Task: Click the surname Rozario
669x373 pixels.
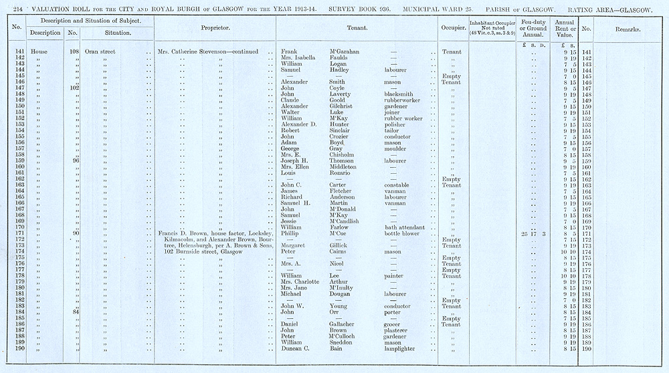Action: click(343, 173)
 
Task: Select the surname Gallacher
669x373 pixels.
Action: click(345, 324)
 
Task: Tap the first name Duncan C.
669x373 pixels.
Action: click(298, 348)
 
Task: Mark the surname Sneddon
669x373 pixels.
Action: click(343, 342)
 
